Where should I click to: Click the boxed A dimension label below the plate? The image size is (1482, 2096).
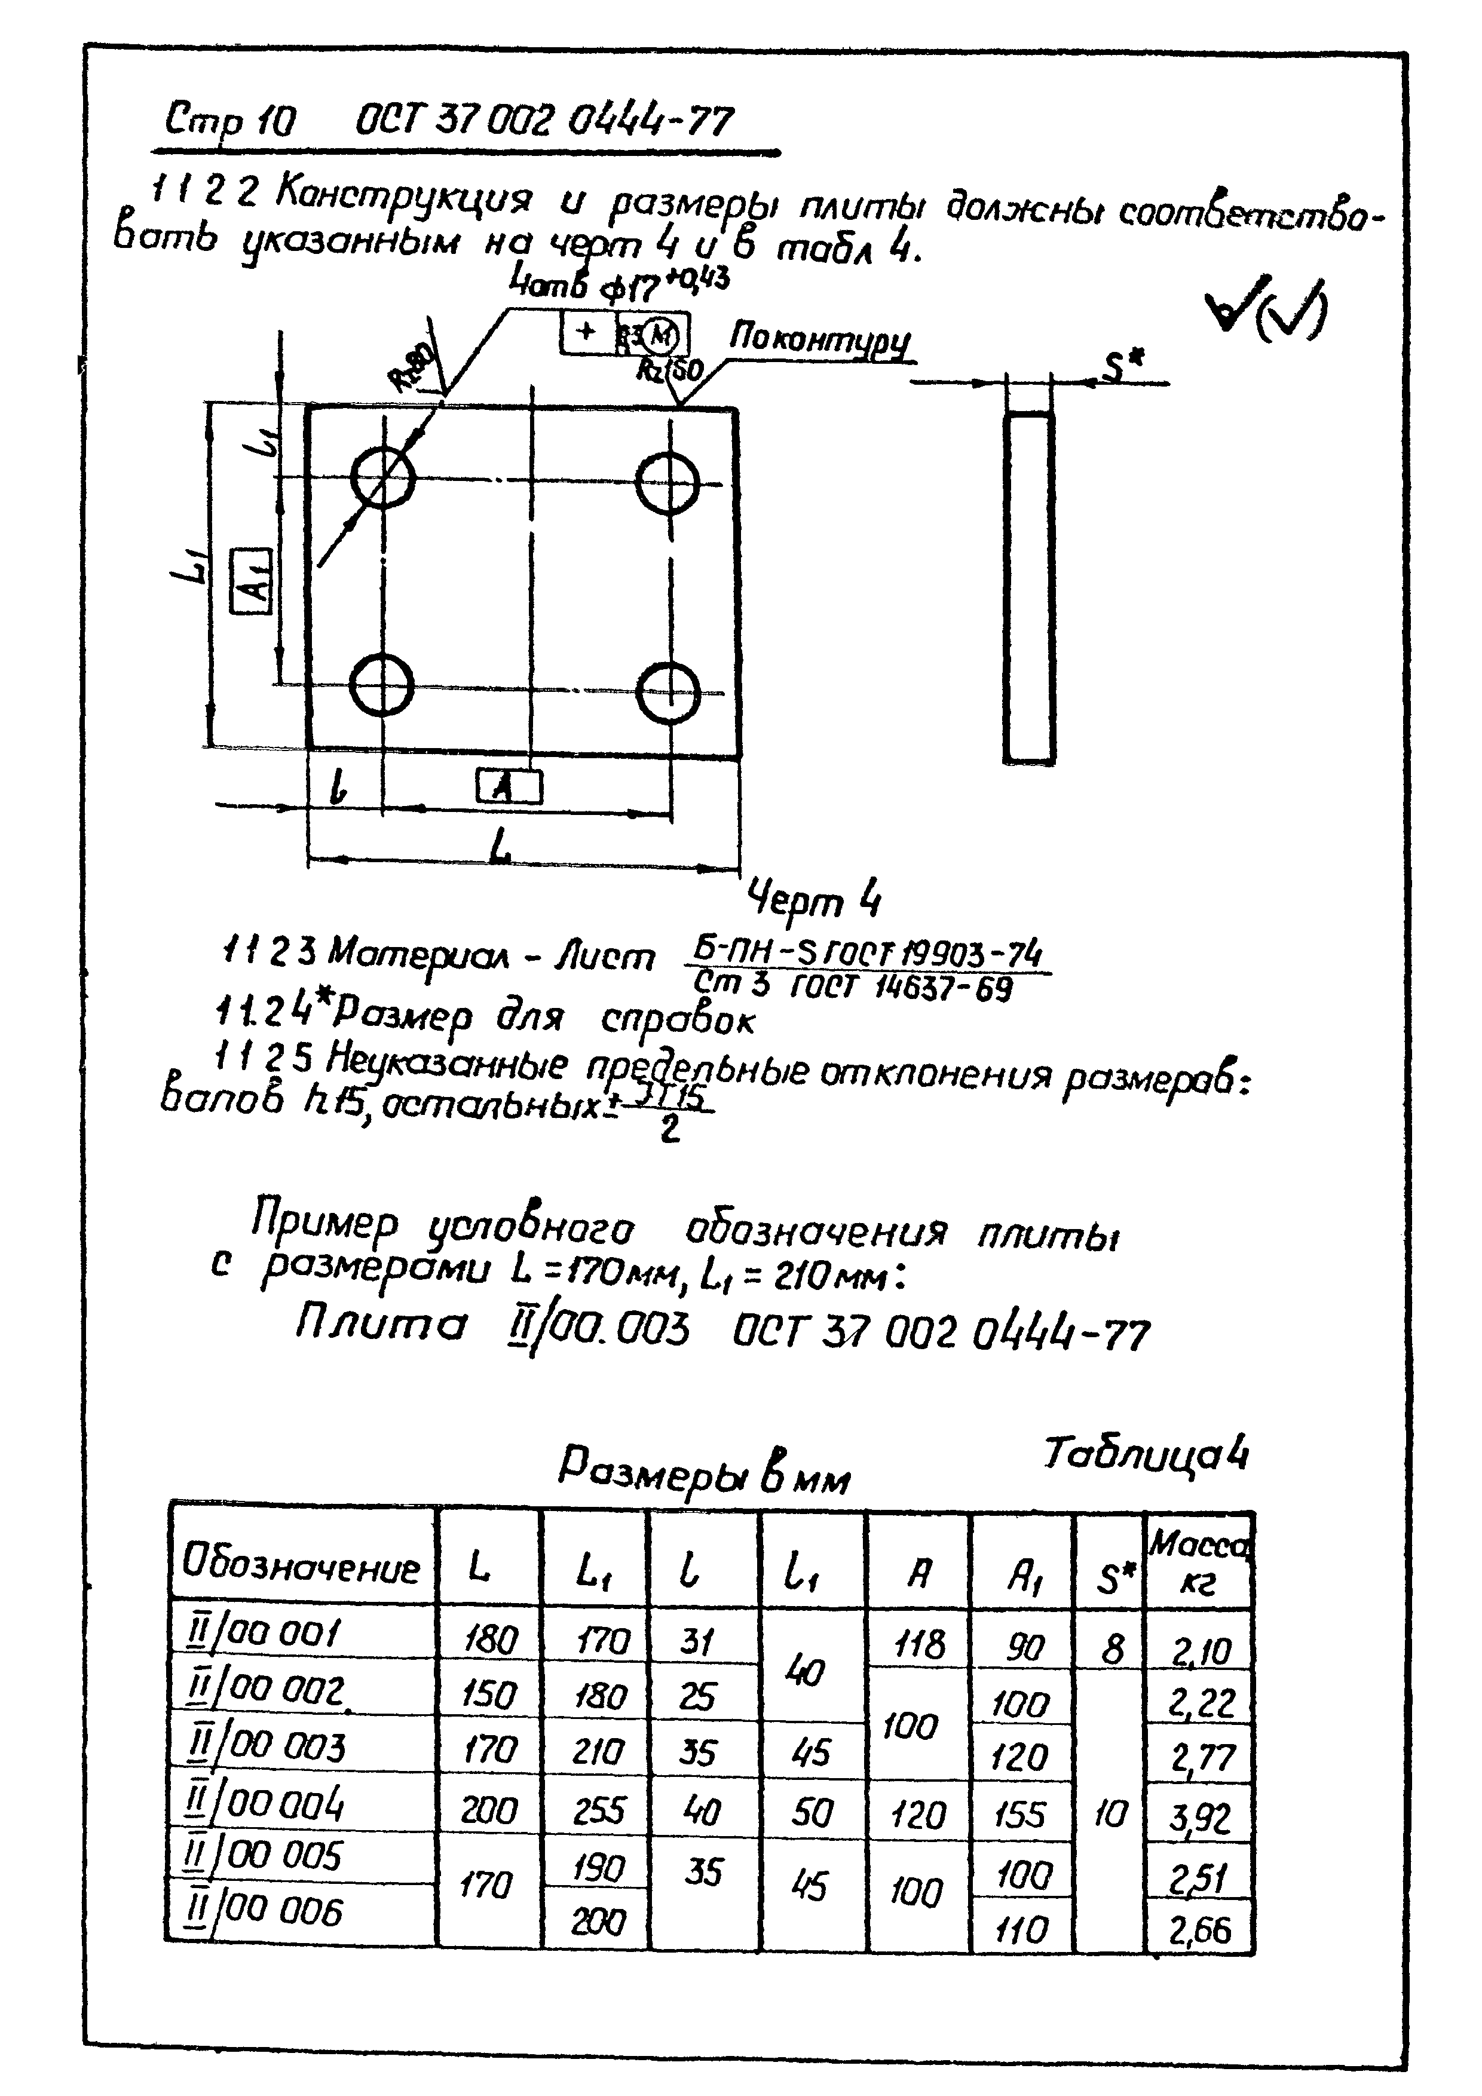pos(509,787)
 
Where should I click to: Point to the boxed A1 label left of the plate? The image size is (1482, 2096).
pos(251,581)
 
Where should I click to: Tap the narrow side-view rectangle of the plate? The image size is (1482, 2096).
pos(1029,586)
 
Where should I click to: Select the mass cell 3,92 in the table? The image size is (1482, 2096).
pos(1199,1819)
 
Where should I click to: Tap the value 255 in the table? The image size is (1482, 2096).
pos(598,1811)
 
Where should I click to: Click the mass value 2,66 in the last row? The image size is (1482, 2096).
pos(1199,1930)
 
